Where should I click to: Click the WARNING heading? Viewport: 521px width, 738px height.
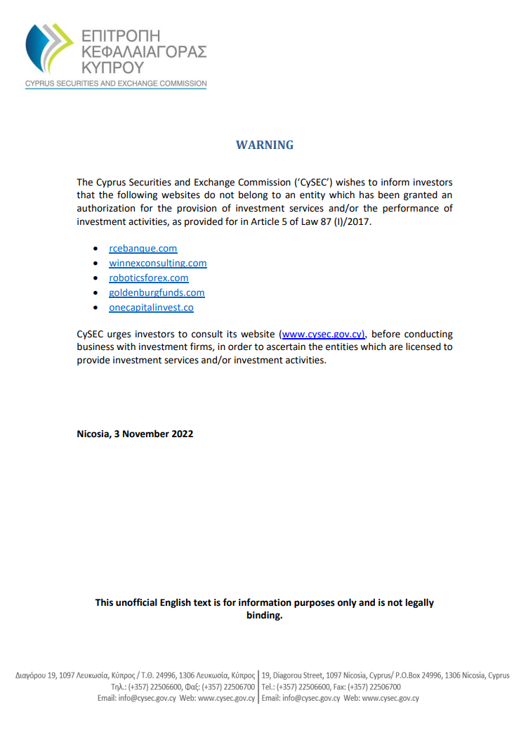point(265,145)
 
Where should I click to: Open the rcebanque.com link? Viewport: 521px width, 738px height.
point(143,249)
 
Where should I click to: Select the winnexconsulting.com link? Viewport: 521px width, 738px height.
point(158,264)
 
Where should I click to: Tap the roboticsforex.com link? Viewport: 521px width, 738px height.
point(149,278)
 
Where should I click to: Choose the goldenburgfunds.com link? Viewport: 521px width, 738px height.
point(157,293)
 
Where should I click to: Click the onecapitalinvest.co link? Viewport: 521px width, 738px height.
point(151,308)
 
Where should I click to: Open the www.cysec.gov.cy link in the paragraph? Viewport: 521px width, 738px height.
point(323,335)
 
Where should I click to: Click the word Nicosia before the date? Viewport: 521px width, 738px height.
point(93,434)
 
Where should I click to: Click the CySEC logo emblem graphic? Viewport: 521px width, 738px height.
point(49,50)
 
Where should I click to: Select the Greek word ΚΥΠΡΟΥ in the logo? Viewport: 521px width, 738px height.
point(112,68)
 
